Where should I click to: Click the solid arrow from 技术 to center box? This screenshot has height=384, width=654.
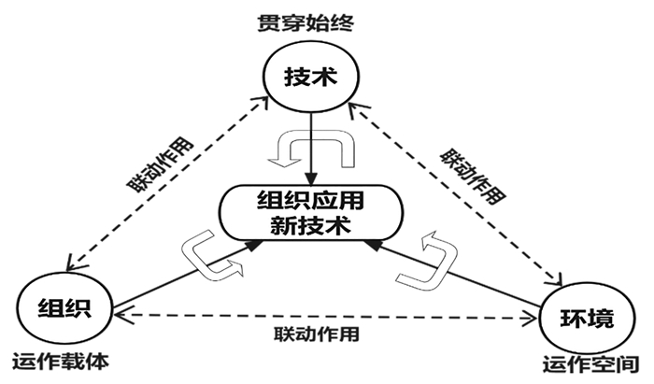point(311,154)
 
